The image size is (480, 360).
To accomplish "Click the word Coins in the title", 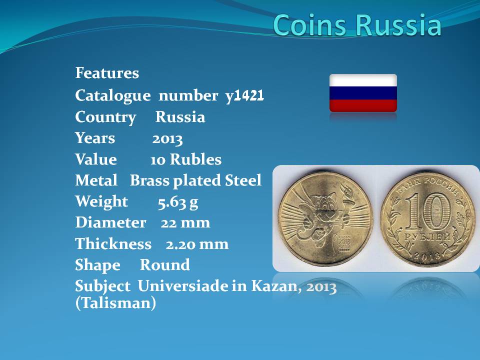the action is tap(311, 24).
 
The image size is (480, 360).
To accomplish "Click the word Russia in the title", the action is tap(399, 24).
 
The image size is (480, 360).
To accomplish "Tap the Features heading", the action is tap(107, 73).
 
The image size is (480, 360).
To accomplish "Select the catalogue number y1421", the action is tap(244, 96).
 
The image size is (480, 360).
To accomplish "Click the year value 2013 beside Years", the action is tap(167, 139).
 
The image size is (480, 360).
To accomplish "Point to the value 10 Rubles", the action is tap(186, 159).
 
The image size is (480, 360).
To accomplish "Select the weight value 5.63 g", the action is tap(178, 202).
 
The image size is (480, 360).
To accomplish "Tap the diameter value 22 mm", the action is tap(185, 222).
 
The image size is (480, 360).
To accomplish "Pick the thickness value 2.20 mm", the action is tap(197, 244).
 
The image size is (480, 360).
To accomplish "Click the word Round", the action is tap(164, 265).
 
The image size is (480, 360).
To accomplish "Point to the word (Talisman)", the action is tap(115, 303).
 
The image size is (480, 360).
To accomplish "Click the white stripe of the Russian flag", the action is tap(363, 80).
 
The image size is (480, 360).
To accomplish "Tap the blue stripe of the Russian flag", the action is tap(363, 93).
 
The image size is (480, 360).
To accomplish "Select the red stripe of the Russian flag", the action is tap(363, 105).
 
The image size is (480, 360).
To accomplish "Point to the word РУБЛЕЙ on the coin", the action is tap(427, 237).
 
